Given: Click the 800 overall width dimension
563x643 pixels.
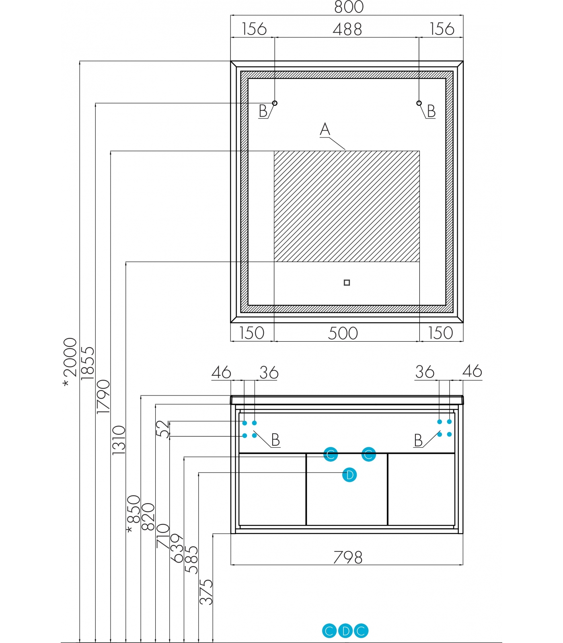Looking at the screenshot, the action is [349, 7].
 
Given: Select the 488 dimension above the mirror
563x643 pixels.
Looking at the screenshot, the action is [347, 29].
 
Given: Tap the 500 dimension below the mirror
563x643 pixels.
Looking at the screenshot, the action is [343, 333].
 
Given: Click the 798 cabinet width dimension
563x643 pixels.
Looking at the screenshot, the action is [348, 557].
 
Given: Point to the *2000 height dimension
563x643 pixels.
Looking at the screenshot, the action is [70, 362].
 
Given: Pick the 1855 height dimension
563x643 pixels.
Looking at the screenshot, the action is [87, 363].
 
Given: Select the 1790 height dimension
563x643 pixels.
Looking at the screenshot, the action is [103, 397].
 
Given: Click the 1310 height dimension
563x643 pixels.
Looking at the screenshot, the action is [119, 440].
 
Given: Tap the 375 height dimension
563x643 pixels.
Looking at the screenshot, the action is [206, 592].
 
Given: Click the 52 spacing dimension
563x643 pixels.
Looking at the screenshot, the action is [162, 429].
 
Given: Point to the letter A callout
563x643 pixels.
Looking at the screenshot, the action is [325, 129].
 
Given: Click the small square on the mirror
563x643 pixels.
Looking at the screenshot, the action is [347, 283].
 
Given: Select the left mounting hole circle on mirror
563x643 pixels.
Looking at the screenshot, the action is [275, 103].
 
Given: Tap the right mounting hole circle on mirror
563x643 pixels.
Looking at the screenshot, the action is [419, 103].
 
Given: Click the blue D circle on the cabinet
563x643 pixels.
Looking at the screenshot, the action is [349, 475].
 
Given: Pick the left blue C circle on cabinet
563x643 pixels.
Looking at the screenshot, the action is [331, 455].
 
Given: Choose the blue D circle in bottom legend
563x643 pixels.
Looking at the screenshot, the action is [345, 631].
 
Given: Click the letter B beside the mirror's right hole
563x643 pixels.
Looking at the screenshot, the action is [431, 111].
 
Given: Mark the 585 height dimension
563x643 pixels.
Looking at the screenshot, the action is [191, 560].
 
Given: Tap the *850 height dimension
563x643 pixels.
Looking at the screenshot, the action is [134, 514].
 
